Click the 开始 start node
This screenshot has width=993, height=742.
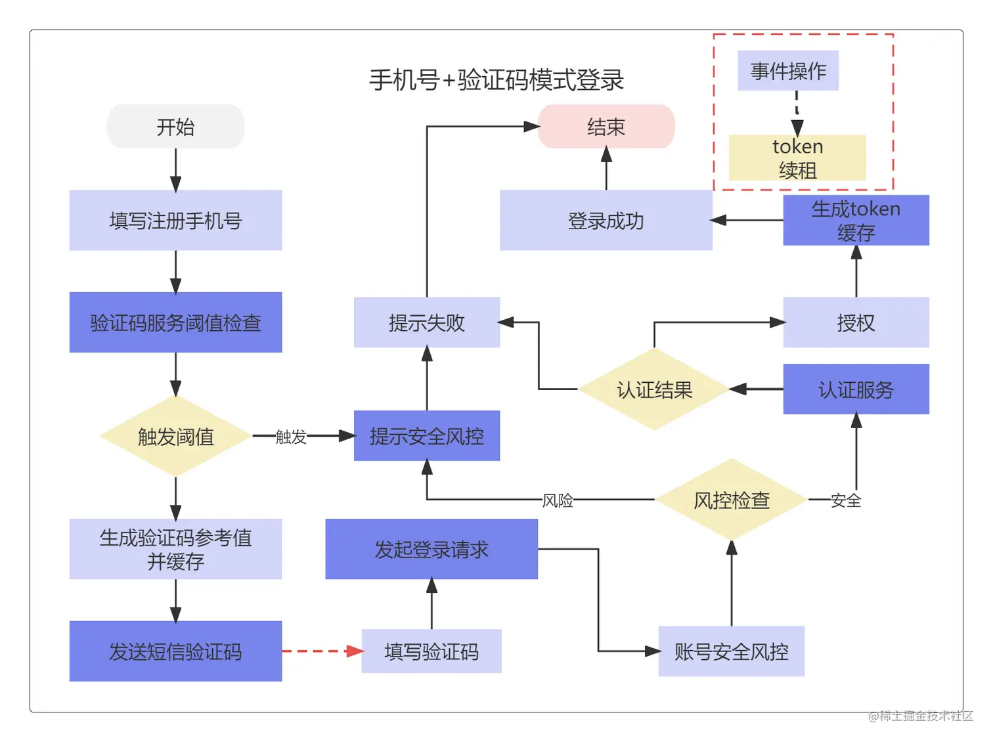[175, 126]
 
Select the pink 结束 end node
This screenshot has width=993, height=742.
[606, 126]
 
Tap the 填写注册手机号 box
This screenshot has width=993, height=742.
[175, 220]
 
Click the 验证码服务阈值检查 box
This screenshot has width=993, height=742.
[175, 322]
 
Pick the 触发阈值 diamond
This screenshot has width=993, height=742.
[175, 436]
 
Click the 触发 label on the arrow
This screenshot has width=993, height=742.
[291, 437]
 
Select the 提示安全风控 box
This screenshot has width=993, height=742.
[426, 436]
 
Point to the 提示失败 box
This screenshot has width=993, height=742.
[426, 322]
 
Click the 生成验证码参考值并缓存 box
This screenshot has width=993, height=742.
[175, 549]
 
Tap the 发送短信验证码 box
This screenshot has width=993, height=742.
[175, 651]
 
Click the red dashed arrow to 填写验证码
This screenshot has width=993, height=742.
[322, 651]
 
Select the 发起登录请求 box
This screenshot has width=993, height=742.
[431, 549]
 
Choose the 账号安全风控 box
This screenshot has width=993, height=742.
[731, 651]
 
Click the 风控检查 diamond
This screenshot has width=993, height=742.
[731, 500]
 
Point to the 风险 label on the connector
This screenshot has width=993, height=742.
[558, 500]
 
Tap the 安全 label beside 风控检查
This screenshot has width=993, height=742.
[845, 500]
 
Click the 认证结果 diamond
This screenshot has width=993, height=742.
[654, 389]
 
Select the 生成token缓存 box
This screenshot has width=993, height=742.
[856, 220]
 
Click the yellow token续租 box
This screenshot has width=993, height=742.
[797, 158]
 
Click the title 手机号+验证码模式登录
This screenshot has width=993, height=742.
[496, 80]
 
